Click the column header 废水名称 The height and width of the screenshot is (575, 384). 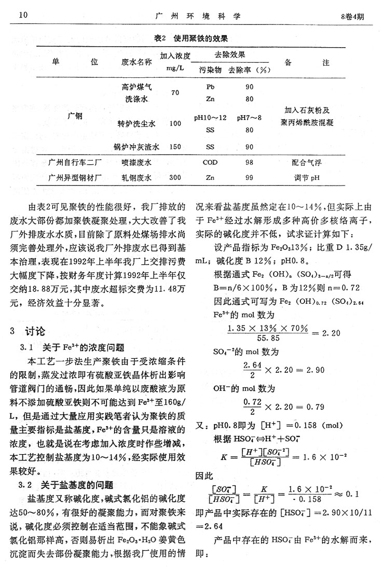(136, 62)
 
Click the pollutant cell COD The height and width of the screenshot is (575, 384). (210, 163)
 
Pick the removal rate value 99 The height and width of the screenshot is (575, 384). (249, 178)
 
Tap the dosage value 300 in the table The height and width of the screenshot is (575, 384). (175, 178)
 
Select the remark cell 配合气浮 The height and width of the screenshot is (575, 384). (308, 163)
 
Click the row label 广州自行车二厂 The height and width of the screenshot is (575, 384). (75, 163)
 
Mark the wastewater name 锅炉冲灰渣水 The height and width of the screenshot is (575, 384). (136, 147)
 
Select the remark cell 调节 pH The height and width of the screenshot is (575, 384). (308, 178)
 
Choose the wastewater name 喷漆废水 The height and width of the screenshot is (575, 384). (136, 163)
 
